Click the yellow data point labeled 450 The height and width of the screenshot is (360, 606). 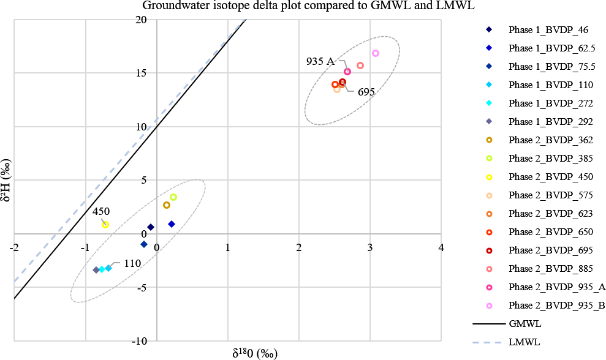click(105, 225)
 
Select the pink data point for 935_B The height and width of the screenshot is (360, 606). click(376, 53)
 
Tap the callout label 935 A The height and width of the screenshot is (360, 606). click(320, 61)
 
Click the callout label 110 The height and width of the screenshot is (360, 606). click(132, 263)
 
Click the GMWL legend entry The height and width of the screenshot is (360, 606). click(523, 323)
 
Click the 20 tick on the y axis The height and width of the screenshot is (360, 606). click(141, 20)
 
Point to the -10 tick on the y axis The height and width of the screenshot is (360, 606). click(139, 341)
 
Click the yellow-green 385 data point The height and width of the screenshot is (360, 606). click(173, 197)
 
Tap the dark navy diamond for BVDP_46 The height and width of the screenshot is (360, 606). click(151, 227)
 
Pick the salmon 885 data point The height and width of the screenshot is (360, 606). click(360, 66)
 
